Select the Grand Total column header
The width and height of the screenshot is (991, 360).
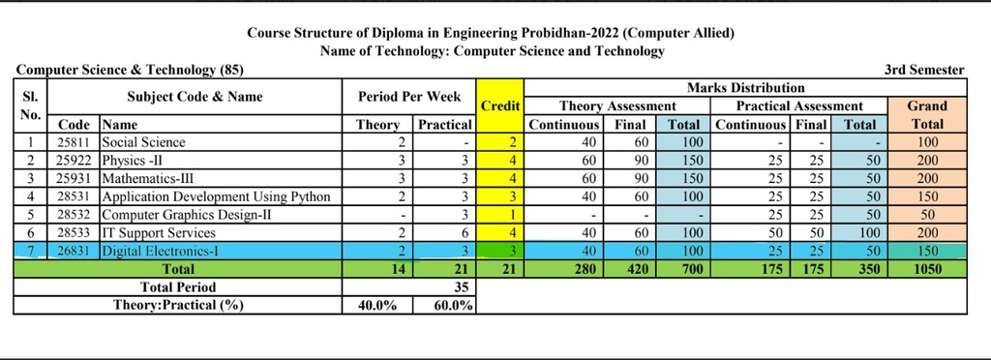click(x=926, y=114)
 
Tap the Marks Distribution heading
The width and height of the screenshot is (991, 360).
click(x=745, y=88)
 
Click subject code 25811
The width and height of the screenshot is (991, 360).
click(x=74, y=142)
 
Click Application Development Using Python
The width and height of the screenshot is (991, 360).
click(x=216, y=196)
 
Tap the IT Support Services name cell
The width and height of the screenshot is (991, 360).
click(x=157, y=232)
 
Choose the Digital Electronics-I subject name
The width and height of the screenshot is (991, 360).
click(x=156, y=251)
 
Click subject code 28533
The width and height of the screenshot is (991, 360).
click(x=74, y=232)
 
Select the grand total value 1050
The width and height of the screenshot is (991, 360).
click(x=926, y=269)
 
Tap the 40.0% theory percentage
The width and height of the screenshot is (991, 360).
click(x=377, y=306)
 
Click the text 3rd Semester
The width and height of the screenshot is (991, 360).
click(x=923, y=70)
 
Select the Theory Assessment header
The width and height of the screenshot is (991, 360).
click(x=617, y=105)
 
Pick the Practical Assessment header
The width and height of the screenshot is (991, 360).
click(x=798, y=105)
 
